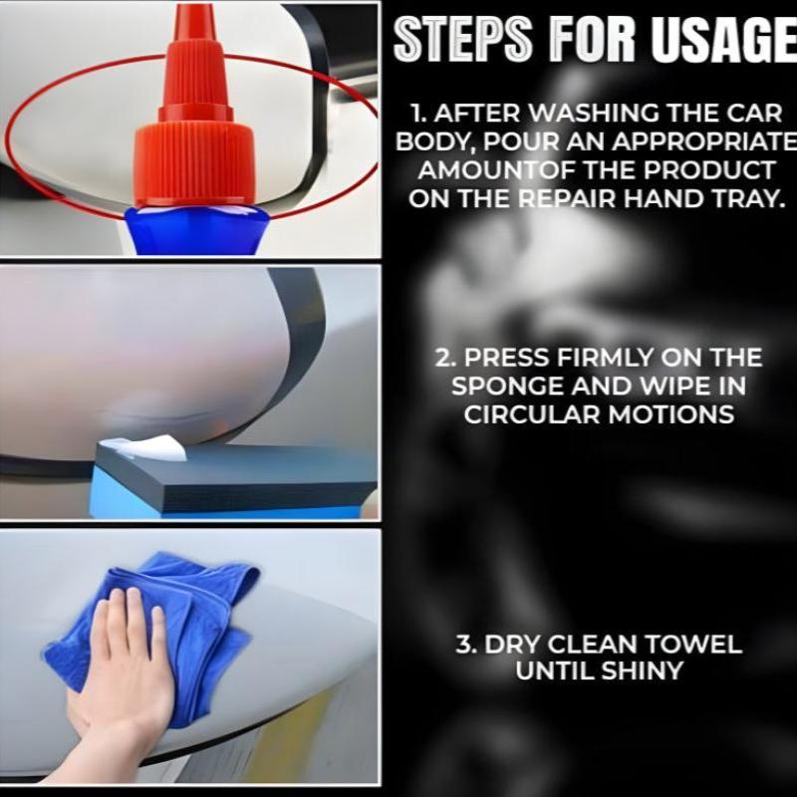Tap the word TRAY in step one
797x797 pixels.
[749, 197]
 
